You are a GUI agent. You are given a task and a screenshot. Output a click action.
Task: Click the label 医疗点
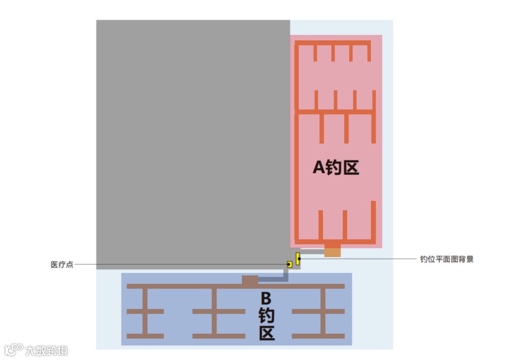point(62,264)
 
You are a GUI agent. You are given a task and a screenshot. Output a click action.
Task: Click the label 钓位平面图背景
point(446,259)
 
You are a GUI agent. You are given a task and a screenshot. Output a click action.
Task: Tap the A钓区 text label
point(336,168)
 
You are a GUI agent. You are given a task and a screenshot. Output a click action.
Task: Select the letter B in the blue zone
point(266,298)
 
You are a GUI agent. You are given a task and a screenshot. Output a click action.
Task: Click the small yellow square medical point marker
point(289,264)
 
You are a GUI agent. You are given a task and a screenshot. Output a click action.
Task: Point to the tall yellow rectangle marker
point(298,258)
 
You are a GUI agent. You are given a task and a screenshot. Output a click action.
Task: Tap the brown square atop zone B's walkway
point(250,280)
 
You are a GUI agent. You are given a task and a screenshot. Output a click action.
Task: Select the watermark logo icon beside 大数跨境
point(13,350)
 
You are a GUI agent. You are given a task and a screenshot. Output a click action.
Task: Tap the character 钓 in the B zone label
point(266,316)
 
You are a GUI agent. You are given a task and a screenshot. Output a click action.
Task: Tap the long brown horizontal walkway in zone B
point(188,286)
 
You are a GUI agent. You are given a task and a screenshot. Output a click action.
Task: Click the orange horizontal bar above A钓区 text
point(334,112)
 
